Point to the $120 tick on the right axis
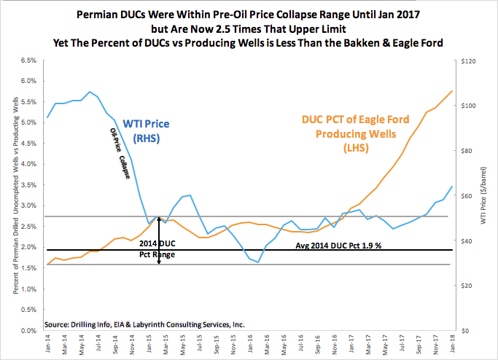pyautogui.click(x=468, y=60)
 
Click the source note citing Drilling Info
pyautogui.click(x=144, y=323)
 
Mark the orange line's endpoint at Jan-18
pyautogui.click(x=452, y=91)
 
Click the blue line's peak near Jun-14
pyautogui.click(x=89, y=92)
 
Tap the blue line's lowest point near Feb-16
pyautogui.click(x=258, y=262)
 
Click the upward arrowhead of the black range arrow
pyautogui.click(x=159, y=218)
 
